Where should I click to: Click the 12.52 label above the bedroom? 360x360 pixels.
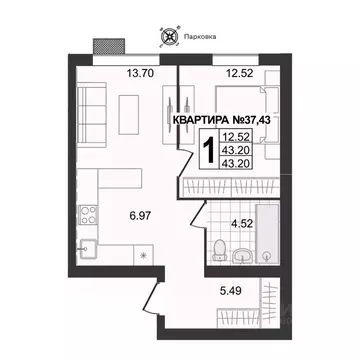tap(240, 72)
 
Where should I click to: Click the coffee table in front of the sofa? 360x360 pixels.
tap(128, 110)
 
